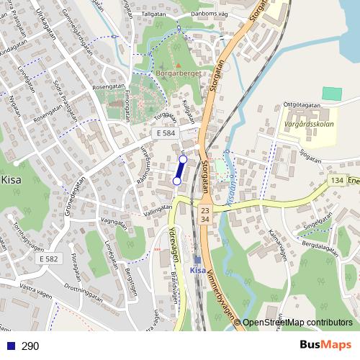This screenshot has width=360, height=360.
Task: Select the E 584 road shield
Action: pyautogui.click(x=165, y=134)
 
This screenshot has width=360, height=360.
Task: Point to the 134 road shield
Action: pyautogui.click(x=336, y=180)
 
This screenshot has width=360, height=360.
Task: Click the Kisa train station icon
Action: pyautogui.click(x=198, y=260)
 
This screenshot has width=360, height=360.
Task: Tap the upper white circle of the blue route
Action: pyautogui.click(x=183, y=159)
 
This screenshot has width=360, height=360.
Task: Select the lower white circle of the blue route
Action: pyautogui.click(x=177, y=181)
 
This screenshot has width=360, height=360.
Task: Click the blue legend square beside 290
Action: pyautogui.click(x=8, y=346)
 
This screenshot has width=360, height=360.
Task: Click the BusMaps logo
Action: pyautogui.click(x=326, y=345)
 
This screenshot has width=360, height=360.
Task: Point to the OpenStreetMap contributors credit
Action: pyautogui.click(x=297, y=323)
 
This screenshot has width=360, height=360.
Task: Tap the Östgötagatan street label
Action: pyautogui.click(x=301, y=104)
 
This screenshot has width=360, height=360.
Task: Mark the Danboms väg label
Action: pyautogui.click(x=210, y=12)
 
